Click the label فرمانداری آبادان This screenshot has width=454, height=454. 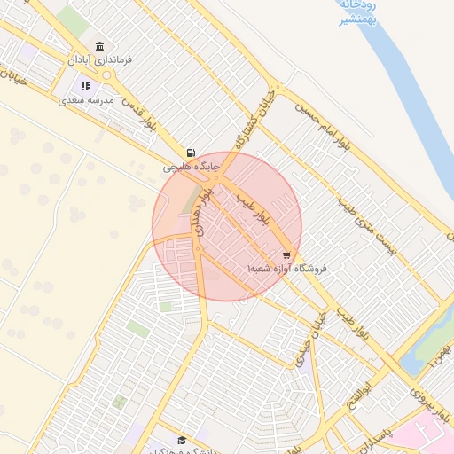(99, 60)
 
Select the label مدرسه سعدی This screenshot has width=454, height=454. (87, 100)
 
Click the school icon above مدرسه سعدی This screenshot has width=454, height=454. (86, 86)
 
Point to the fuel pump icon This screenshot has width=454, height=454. (191, 153)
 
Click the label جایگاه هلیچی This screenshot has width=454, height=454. (191, 167)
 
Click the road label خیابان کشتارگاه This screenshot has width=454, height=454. (254, 119)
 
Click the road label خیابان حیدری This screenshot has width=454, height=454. (315, 334)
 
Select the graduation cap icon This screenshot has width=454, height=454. (183, 441)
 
